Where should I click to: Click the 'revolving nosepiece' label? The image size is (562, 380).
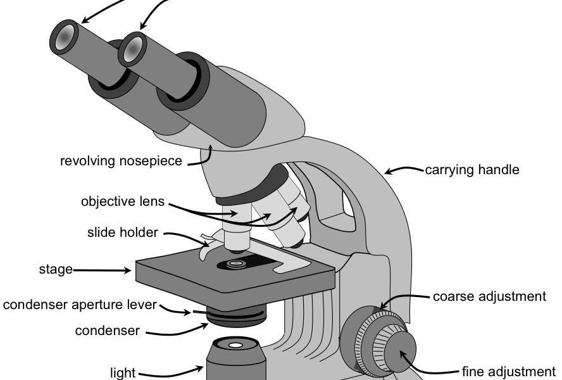coord(121,161)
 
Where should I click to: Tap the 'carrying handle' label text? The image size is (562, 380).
coord(472,170)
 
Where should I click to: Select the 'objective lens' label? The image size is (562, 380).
coord(123,202)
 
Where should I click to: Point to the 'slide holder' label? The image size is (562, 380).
coord(123,232)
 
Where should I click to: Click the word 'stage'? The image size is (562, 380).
coord(56,270)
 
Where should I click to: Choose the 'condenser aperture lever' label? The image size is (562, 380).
coord(80,305)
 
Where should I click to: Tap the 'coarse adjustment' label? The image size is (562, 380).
coord(489,296)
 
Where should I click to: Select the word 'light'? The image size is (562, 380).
coord(123,372)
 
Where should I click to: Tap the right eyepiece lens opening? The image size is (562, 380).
coord(132,50)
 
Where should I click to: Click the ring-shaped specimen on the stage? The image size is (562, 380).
coord(237,263)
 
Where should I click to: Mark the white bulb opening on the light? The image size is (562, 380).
coord(235,346)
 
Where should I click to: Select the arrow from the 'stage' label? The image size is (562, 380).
coord(101,270)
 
